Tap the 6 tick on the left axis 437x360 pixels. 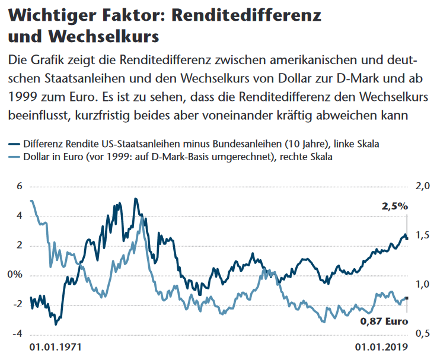36,186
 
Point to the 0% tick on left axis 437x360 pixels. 32,275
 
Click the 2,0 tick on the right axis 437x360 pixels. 423,186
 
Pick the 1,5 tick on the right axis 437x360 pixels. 423,236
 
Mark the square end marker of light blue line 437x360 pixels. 406,298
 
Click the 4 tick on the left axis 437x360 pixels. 36,216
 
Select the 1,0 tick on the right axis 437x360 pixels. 423,285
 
